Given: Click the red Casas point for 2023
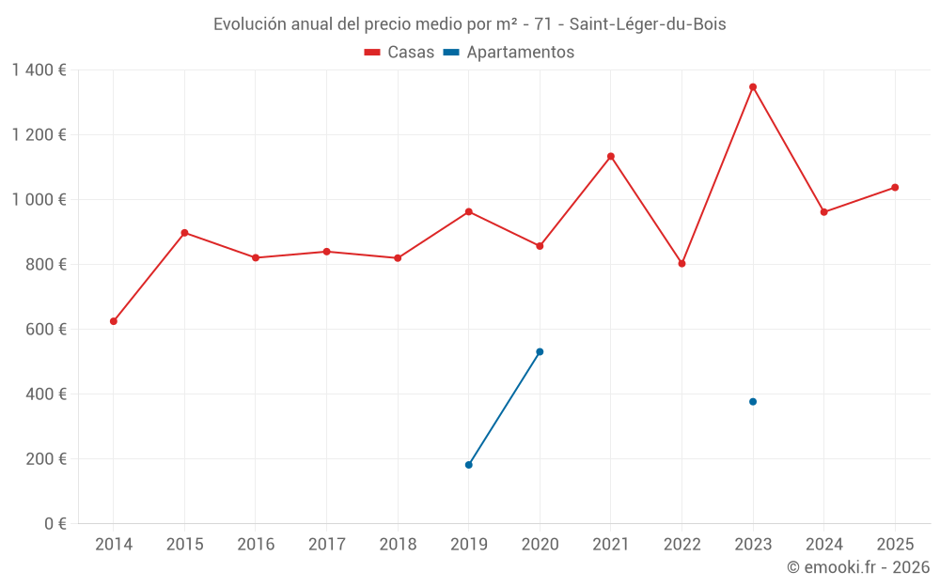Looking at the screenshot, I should (x=753, y=87).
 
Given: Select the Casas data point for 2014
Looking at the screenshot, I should (x=114, y=321).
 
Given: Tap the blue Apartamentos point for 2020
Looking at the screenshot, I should (x=540, y=351).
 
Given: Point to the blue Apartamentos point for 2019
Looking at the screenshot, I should (x=468, y=465).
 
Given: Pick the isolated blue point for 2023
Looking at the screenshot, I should (x=753, y=402).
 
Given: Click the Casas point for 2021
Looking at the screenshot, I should (x=611, y=156).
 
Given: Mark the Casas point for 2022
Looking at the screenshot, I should (x=681, y=264).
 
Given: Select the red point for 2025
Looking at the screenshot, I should (x=895, y=187).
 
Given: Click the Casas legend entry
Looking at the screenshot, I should (x=399, y=53).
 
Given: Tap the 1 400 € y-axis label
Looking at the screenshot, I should (x=39, y=70).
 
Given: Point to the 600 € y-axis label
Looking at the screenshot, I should (x=47, y=330).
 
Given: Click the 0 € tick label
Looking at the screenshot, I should (x=55, y=524).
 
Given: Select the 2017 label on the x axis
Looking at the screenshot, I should (x=326, y=545).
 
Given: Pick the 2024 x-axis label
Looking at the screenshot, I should (x=823, y=545).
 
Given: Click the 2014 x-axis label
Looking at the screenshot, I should (x=114, y=545).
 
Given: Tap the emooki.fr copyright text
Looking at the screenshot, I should (x=857, y=567).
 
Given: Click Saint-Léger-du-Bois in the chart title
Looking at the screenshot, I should (x=648, y=24).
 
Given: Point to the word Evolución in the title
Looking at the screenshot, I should (x=248, y=24).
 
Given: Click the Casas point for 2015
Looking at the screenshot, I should (x=184, y=233).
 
